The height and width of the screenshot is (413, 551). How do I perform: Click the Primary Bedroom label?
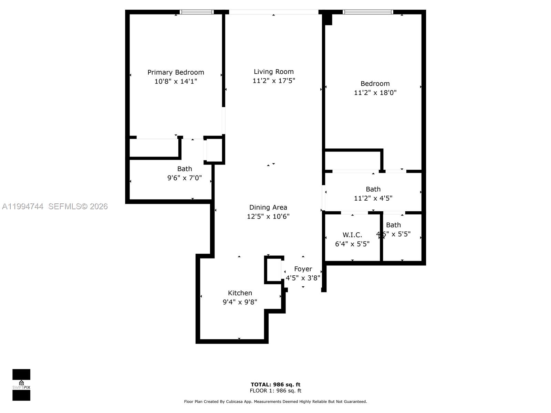[x=176, y=72]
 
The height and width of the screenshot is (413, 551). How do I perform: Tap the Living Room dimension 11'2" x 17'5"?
[x=274, y=81]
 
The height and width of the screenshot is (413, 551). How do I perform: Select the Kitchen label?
[x=240, y=293]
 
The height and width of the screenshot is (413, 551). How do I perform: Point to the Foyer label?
[x=303, y=269]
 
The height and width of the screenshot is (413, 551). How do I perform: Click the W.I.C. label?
[x=352, y=235]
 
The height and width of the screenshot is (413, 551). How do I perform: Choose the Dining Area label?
[x=268, y=207]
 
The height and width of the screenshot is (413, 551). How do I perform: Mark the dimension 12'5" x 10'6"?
[x=268, y=216]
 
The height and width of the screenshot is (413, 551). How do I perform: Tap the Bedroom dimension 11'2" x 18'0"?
[x=375, y=93]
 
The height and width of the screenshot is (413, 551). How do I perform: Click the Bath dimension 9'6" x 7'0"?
[x=185, y=178]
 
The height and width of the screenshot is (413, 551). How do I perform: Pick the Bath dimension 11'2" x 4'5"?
[x=373, y=198]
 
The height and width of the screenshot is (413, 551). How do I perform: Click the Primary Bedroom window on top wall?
[x=197, y=12]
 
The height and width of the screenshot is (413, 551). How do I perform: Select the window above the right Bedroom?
[x=368, y=12]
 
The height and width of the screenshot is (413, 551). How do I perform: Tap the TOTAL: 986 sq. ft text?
[x=275, y=384]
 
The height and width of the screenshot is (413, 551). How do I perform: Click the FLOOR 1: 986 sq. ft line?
[x=275, y=391]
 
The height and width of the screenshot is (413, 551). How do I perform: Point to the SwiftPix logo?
[x=21, y=385]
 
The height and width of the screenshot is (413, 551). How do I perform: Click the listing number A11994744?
[x=23, y=206]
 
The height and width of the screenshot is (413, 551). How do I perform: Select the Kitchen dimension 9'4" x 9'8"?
[x=240, y=302]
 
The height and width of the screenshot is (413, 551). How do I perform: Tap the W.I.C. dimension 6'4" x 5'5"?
[x=352, y=244]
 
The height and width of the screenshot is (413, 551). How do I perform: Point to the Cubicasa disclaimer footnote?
[x=275, y=402]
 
